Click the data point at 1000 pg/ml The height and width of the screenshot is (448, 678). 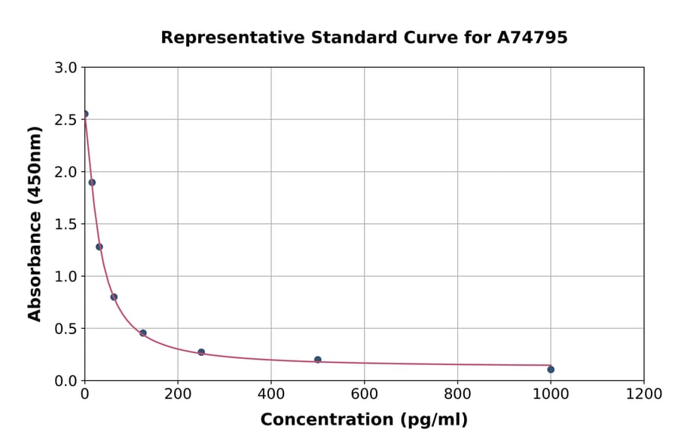click(551, 370)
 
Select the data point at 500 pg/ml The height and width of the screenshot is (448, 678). click(318, 360)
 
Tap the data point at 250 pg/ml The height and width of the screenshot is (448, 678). click(201, 352)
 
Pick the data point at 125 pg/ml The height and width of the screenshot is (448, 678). click(143, 333)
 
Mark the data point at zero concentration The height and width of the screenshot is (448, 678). click(85, 114)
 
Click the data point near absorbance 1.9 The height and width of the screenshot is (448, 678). click(92, 183)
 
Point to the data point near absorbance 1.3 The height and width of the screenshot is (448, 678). click(99, 247)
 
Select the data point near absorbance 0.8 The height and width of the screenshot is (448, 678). click(114, 297)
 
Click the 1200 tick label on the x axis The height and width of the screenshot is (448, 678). click(643, 394)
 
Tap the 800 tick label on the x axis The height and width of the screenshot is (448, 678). click(457, 394)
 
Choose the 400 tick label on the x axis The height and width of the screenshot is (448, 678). click(271, 394)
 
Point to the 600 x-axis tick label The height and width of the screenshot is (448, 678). click(364, 394)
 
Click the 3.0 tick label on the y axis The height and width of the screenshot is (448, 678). click(66, 68)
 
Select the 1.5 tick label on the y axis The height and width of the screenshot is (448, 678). click(66, 224)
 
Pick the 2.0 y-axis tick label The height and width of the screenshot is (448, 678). click(66, 172)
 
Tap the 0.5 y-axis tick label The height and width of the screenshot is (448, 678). click(66, 329)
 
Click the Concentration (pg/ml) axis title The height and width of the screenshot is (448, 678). click(364, 420)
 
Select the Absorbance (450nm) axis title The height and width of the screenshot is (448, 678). click(35, 223)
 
